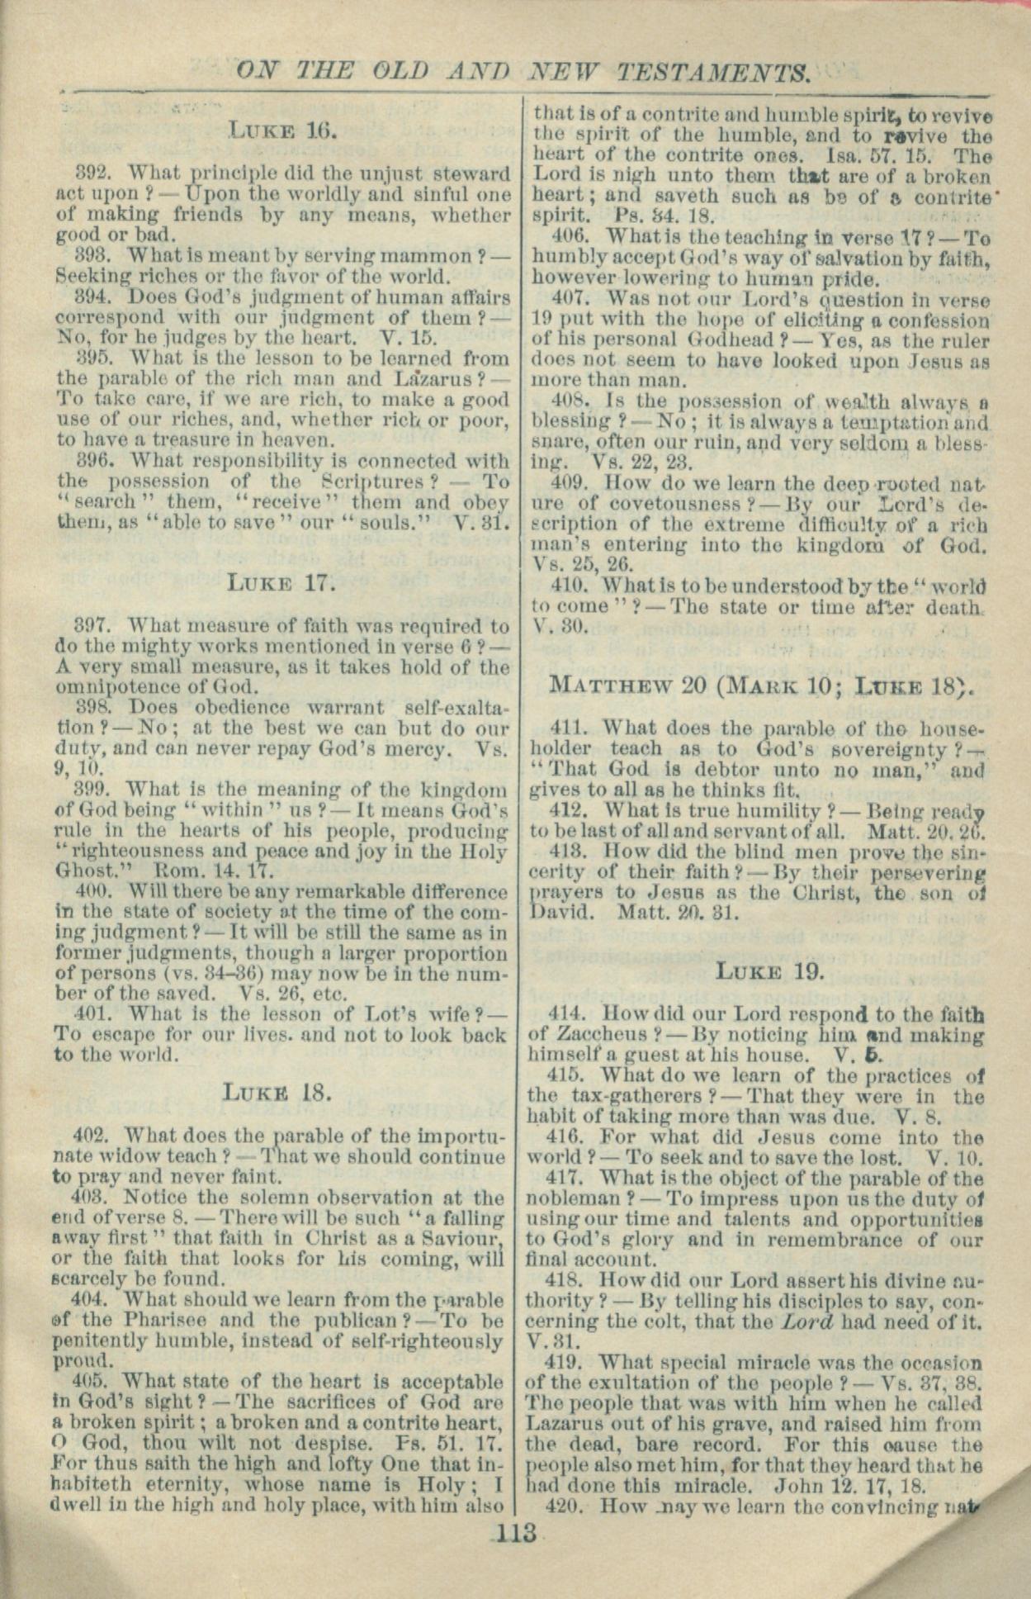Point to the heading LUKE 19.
769,970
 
